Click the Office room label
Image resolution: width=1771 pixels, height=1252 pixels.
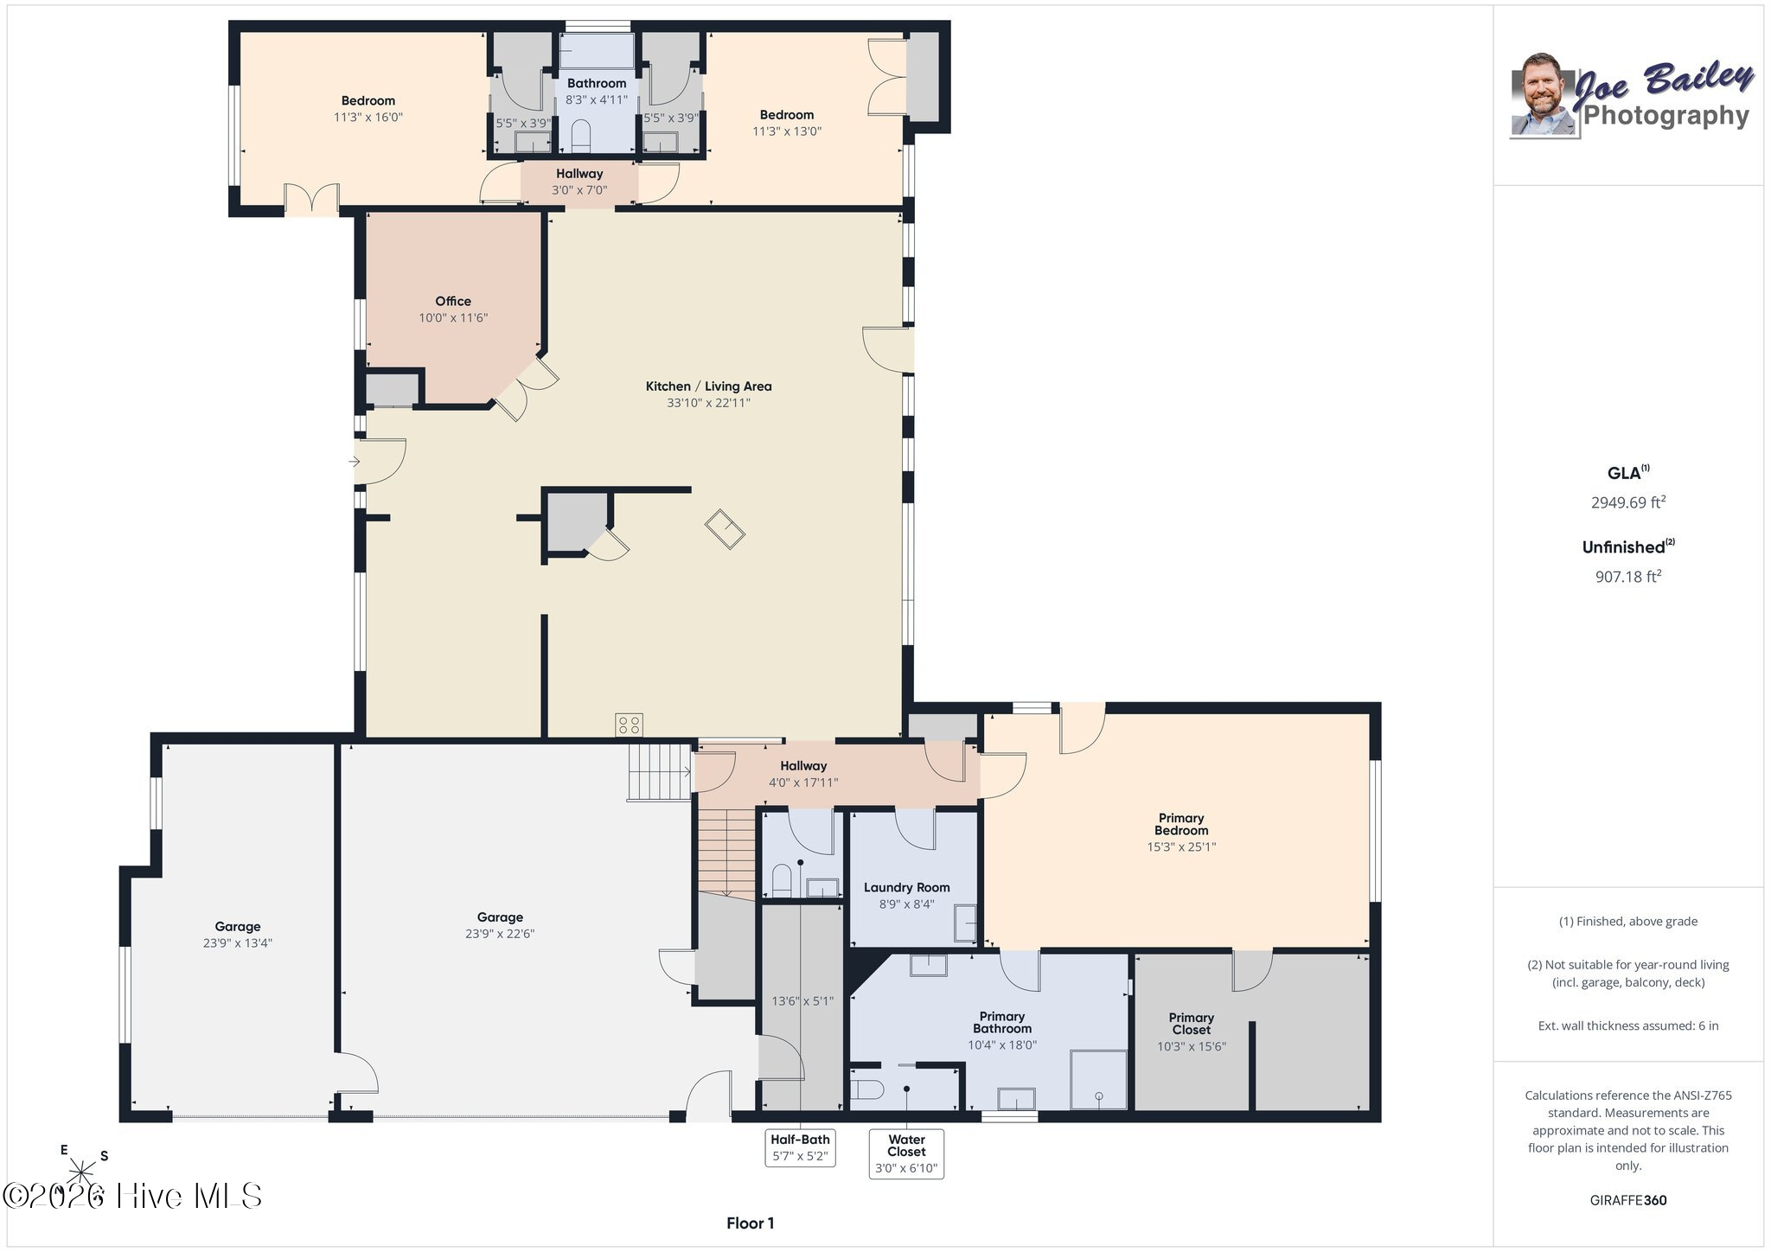(453, 301)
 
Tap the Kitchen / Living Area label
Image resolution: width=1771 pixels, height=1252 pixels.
(708, 386)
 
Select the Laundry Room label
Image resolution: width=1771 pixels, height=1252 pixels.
(906, 887)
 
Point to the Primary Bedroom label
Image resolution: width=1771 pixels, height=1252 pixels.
(1181, 824)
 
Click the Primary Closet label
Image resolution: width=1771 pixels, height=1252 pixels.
(1192, 1024)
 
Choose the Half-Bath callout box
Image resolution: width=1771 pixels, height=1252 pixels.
(800, 1147)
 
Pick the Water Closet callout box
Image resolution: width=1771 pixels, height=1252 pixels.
(906, 1153)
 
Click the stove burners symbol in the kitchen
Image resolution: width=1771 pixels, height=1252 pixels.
(629, 725)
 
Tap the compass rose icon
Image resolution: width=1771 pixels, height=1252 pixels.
(83, 1171)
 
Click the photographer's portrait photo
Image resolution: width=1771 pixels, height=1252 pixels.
(1544, 95)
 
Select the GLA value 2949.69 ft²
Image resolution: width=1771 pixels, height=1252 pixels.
(1628, 501)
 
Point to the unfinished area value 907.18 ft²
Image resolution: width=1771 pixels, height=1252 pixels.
(1628, 576)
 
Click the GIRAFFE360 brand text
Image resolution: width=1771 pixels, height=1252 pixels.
(1628, 1200)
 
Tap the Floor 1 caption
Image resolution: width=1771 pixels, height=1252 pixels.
(750, 1223)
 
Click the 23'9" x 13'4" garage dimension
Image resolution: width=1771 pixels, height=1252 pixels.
(238, 943)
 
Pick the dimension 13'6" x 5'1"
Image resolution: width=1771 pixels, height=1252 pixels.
(802, 1001)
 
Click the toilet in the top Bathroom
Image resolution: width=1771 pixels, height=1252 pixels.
(580, 135)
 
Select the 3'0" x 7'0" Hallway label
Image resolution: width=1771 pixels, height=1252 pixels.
(579, 190)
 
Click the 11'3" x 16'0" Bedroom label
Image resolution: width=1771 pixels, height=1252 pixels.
(368, 117)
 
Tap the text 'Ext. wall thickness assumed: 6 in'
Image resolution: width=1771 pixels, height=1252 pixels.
(1628, 1025)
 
